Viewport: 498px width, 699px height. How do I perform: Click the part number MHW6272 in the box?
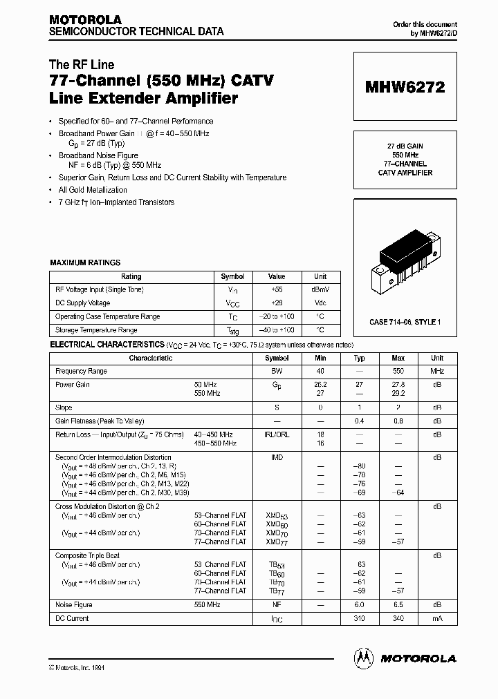click(405, 87)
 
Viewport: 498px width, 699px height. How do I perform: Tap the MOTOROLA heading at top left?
click(85, 19)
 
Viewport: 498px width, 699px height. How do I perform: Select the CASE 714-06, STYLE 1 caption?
click(405, 322)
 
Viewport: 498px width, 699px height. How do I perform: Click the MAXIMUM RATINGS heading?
click(86, 262)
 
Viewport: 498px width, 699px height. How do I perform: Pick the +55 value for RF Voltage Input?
click(277, 289)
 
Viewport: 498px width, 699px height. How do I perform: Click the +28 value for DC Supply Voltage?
click(277, 303)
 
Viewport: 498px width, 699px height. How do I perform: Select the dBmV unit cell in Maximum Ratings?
click(320, 289)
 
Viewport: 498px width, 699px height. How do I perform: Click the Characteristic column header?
click(151, 358)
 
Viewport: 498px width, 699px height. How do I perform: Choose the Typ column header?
click(360, 358)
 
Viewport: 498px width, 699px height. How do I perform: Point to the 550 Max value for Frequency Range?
click(398, 371)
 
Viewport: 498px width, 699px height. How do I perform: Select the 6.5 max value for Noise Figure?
click(398, 605)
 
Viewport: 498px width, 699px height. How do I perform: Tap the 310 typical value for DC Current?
click(360, 618)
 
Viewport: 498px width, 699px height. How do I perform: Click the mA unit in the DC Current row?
click(437, 618)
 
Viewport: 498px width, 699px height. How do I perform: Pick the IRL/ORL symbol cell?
click(277, 434)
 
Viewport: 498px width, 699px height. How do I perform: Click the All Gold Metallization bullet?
click(93, 189)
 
